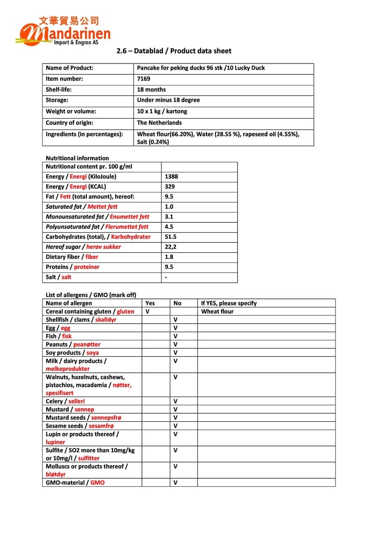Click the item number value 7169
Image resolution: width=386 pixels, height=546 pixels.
pyautogui.click(x=144, y=79)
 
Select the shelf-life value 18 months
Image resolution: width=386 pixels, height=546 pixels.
pyautogui.click(x=151, y=90)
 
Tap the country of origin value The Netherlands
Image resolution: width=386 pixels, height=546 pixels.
pyautogui.click(x=159, y=123)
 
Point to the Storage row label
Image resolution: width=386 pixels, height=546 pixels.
pyautogui.click(x=57, y=100)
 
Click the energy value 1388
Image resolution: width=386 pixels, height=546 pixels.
pyautogui.click(x=171, y=177)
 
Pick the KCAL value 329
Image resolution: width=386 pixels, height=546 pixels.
pyautogui.click(x=169, y=187)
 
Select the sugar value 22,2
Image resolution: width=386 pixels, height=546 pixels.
pyautogui.click(x=170, y=247)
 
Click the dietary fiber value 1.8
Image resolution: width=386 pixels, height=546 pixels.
pyautogui.click(x=169, y=257)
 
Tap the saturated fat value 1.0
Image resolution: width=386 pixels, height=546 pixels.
pyautogui.click(x=169, y=207)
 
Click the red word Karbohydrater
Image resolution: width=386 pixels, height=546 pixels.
pyautogui.click(x=131, y=237)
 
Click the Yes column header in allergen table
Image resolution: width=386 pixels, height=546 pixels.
pyautogui.click(x=150, y=304)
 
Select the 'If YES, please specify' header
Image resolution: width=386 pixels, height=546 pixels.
pyautogui.click(x=229, y=304)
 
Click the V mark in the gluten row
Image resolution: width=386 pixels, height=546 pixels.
pyautogui.click(x=147, y=312)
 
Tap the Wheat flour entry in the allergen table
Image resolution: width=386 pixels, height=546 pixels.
pyautogui.click(x=217, y=312)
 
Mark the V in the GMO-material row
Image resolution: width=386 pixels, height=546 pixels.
pyautogui.click(x=175, y=483)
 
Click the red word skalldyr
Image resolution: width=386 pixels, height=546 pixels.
pyautogui.click(x=105, y=320)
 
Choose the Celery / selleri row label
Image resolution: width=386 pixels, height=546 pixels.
pyautogui.click(x=65, y=401)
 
